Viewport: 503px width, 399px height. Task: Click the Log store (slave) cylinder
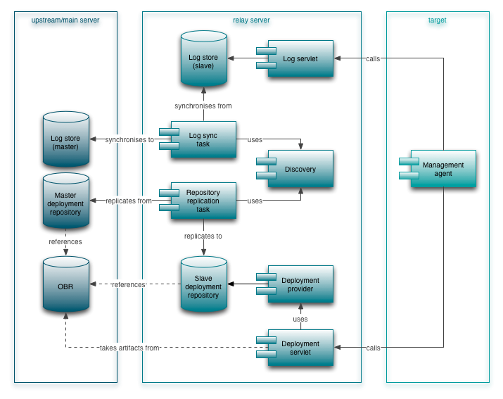[x=203, y=61]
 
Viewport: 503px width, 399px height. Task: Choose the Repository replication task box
[x=203, y=201]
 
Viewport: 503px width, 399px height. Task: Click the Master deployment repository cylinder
[x=66, y=202]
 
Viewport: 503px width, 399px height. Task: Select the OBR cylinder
[x=66, y=286]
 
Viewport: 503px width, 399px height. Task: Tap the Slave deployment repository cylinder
[x=203, y=286]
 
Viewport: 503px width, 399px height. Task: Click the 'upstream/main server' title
[x=65, y=20]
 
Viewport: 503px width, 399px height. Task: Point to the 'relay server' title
[x=251, y=20]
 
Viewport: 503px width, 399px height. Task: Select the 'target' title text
[x=437, y=20]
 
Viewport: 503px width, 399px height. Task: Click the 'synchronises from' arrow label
[x=203, y=106]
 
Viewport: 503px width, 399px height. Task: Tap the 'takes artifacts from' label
[x=129, y=348]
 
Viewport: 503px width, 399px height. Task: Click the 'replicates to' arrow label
[x=203, y=236]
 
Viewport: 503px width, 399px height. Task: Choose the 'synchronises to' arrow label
[x=129, y=139]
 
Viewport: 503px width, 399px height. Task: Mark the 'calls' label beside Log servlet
[x=373, y=58]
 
